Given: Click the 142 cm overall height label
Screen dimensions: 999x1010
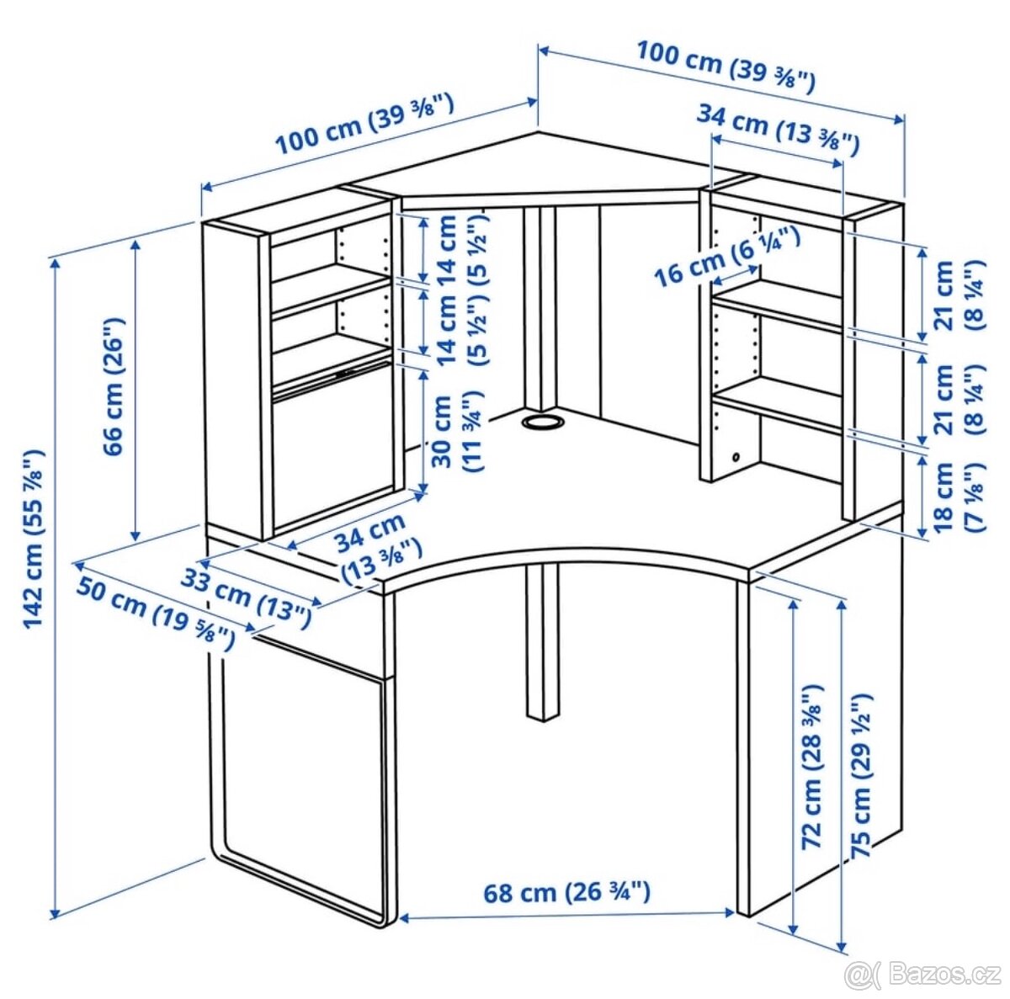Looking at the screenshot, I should point(34,539).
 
